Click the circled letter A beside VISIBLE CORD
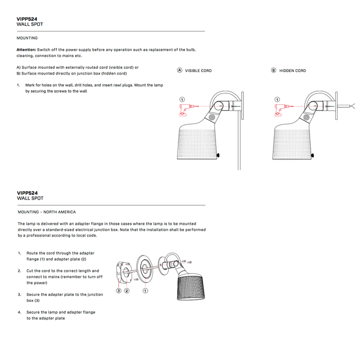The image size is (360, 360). [x=179, y=70]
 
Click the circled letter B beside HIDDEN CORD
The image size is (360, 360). [x=274, y=70]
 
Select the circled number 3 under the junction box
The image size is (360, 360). [x=118, y=291]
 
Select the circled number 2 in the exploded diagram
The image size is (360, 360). [x=127, y=291]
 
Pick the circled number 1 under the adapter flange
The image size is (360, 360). [x=146, y=291]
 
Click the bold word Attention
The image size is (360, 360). [x=26, y=50]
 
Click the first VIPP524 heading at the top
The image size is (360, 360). [x=27, y=19]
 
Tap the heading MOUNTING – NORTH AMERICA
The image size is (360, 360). [x=47, y=212]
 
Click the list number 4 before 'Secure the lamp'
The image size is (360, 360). [x=19, y=312]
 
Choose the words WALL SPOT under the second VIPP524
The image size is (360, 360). [x=30, y=198]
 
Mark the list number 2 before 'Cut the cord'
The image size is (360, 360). [x=19, y=271]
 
